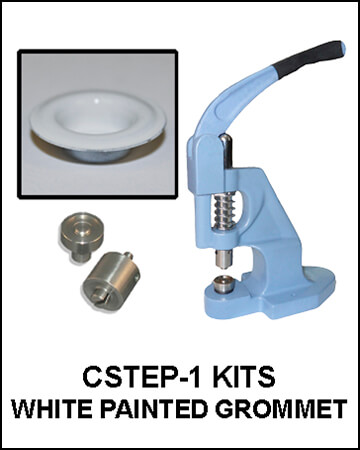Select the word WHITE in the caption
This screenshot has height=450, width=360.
click(x=51, y=409)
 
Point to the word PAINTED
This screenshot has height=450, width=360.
click(x=154, y=409)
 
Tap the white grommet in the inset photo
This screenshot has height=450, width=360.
click(x=97, y=124)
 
